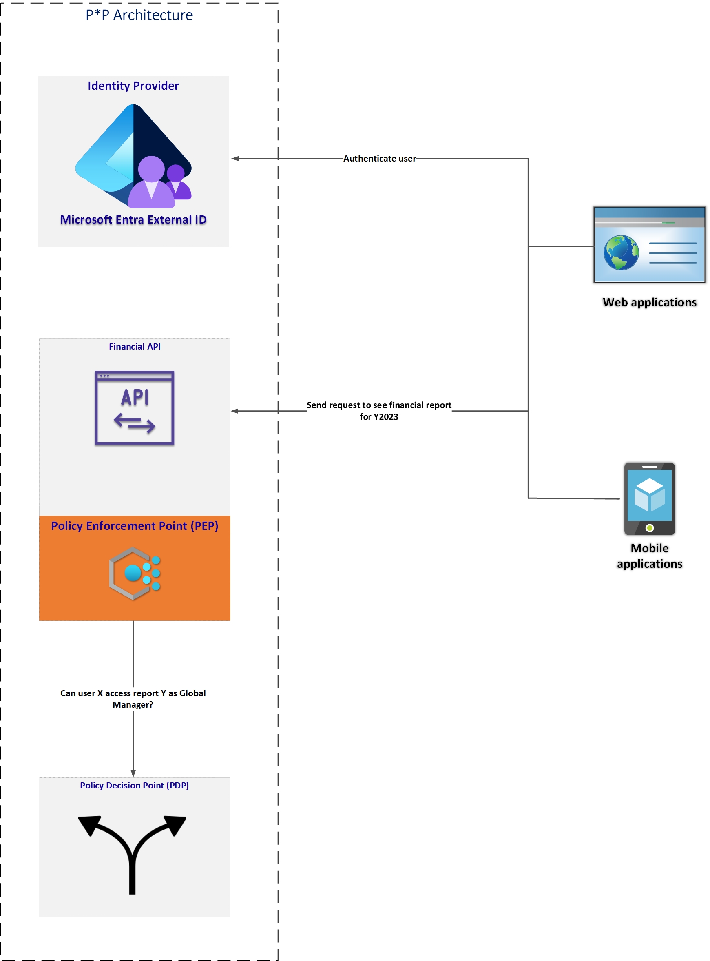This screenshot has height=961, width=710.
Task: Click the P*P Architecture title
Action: coord(139,15)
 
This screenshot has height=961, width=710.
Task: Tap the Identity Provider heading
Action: coord(133,86)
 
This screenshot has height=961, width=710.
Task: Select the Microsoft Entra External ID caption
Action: coord(133,219)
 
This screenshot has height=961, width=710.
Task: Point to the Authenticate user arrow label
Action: coord(380,159)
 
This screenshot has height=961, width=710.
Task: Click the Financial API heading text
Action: coord(135,347)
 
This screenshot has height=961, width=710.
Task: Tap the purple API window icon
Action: coord(135,408)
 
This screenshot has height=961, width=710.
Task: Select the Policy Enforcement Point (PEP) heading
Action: coord(135,526)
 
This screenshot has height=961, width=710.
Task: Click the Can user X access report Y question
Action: coord(133,699)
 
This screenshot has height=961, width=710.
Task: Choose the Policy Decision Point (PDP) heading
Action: coord(134,786)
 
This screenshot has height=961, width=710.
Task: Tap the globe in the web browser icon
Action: coord(621,252)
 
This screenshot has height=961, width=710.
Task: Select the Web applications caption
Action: coord(649,303)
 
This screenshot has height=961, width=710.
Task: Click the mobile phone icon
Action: coord(649,498)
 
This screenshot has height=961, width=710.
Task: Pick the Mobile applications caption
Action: coord(649,556)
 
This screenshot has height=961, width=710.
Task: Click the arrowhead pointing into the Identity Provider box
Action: coord(234,159)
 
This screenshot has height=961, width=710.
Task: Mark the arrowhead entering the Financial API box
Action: coord(234,411)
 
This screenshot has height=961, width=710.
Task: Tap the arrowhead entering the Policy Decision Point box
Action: coord(133,774)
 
